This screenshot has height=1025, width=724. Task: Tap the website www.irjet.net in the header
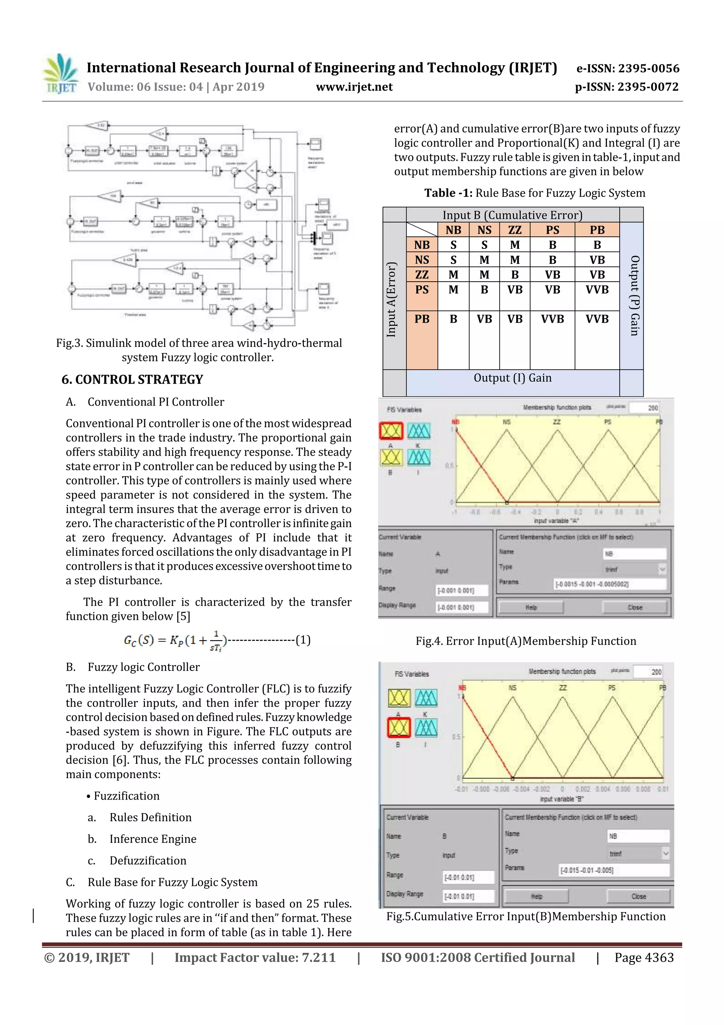tap(354, 87)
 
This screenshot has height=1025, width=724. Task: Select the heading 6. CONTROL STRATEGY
tap(132, 379)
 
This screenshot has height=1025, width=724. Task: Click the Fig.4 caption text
tap(525, 641)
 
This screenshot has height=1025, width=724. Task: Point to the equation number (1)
tap(303, 640)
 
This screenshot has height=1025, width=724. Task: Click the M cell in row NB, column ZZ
tap(514, 244)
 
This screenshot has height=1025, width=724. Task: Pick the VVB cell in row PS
tap(596, 290)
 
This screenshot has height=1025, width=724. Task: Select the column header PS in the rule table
tap(552, 230)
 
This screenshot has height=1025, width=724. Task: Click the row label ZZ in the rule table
tap(421, 275)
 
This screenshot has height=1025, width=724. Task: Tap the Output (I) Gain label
tap(512, 378)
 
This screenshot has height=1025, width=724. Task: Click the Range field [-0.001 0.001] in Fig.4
tap(462, 591)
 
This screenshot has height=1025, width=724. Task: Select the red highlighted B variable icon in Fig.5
tap(398, 728)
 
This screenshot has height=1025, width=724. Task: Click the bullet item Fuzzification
tap(126, 796)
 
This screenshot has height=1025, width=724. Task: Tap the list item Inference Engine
tap(153, 839)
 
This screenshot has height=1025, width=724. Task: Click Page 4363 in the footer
tap(644, 957)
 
